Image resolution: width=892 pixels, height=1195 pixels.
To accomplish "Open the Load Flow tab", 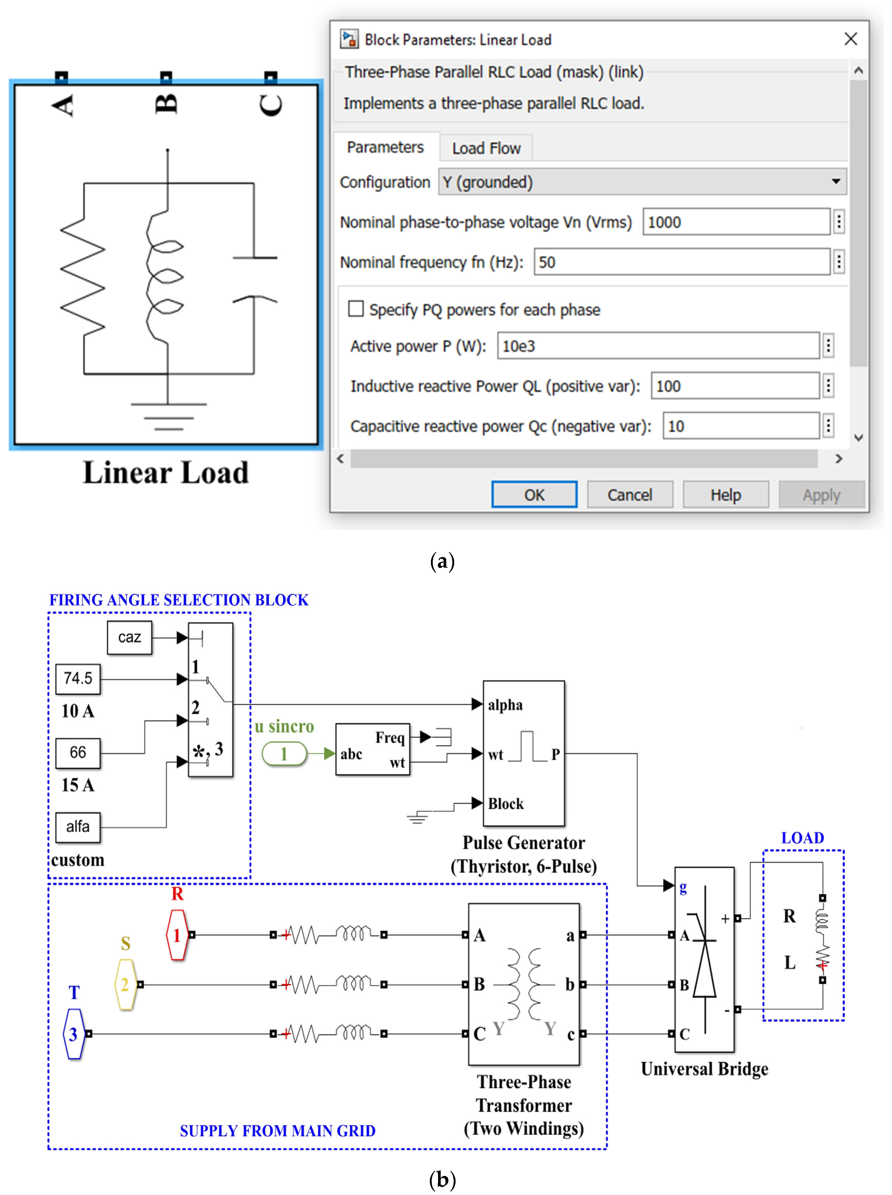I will pos(486,148).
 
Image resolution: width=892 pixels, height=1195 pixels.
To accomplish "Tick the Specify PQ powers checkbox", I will pos(356,309).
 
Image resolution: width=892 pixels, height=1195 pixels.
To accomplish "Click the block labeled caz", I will pos(130,637).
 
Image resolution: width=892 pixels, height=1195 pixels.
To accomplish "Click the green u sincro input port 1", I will pos(284,754).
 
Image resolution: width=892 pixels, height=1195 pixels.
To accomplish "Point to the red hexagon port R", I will pos(177,935).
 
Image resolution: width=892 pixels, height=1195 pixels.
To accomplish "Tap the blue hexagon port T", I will pos(73,1034).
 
